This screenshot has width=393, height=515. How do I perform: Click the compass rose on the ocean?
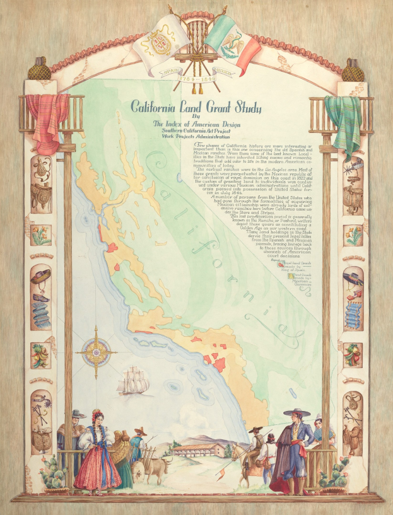tap(95, 349)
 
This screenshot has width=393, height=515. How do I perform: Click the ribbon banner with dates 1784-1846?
tap(195, 81)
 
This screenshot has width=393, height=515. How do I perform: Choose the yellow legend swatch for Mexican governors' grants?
tap(290, 275)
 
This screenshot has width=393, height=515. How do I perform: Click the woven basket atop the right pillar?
tap(353, 70)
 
